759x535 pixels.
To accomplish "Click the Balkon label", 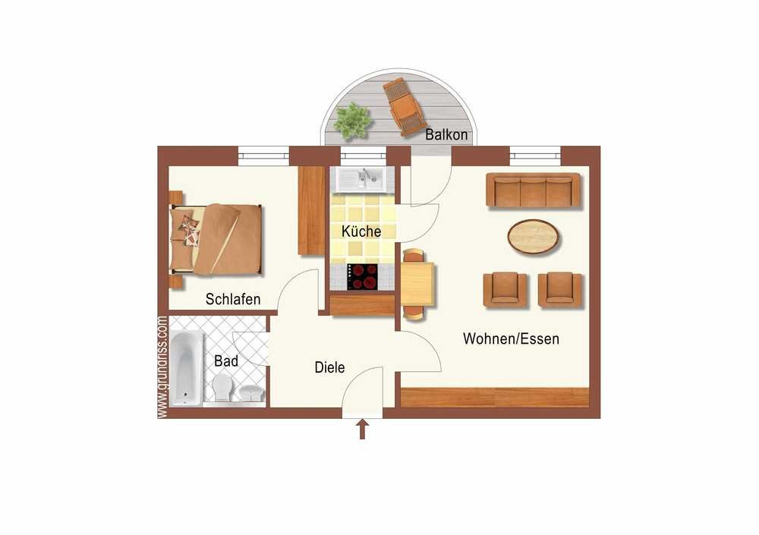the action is pyautogui.click(x=446, y=134).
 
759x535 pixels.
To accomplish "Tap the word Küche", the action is pyautogui.click(x=361, y=231).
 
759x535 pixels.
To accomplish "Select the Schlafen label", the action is pyautogui.click(x=233, y=299).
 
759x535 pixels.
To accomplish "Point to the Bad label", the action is pyautogui.click(x=226, y=360).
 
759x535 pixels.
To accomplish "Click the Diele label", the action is pyautogui.click(x=329, y=367).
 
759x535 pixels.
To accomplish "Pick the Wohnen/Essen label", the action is pyautogui.click(x=511, y=338).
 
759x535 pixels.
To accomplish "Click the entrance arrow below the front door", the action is pyautogui.click(x=362, y=430).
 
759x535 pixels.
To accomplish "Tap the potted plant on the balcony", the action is pyautogui.click(x=352, y=121).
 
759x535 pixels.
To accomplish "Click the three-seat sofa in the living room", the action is pyautogui.click(x=533, y=190).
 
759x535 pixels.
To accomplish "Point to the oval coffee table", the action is pyautogui.click(x=533, y=236).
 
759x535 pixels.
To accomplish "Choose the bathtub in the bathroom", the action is pyautogui.click(x=185, y=369).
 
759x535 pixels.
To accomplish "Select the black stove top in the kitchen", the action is pyautogui.click(x=362, y=277).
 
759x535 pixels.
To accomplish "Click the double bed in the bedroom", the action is pyautogui.click(x=216, y=240).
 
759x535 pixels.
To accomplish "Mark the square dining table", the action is pyautogui.click(x=417, y=285).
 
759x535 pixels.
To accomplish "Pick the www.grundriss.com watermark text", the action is pyautogui.click(x=162, y=367).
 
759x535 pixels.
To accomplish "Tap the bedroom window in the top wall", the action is pyautogui.click(x=263, y=156).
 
